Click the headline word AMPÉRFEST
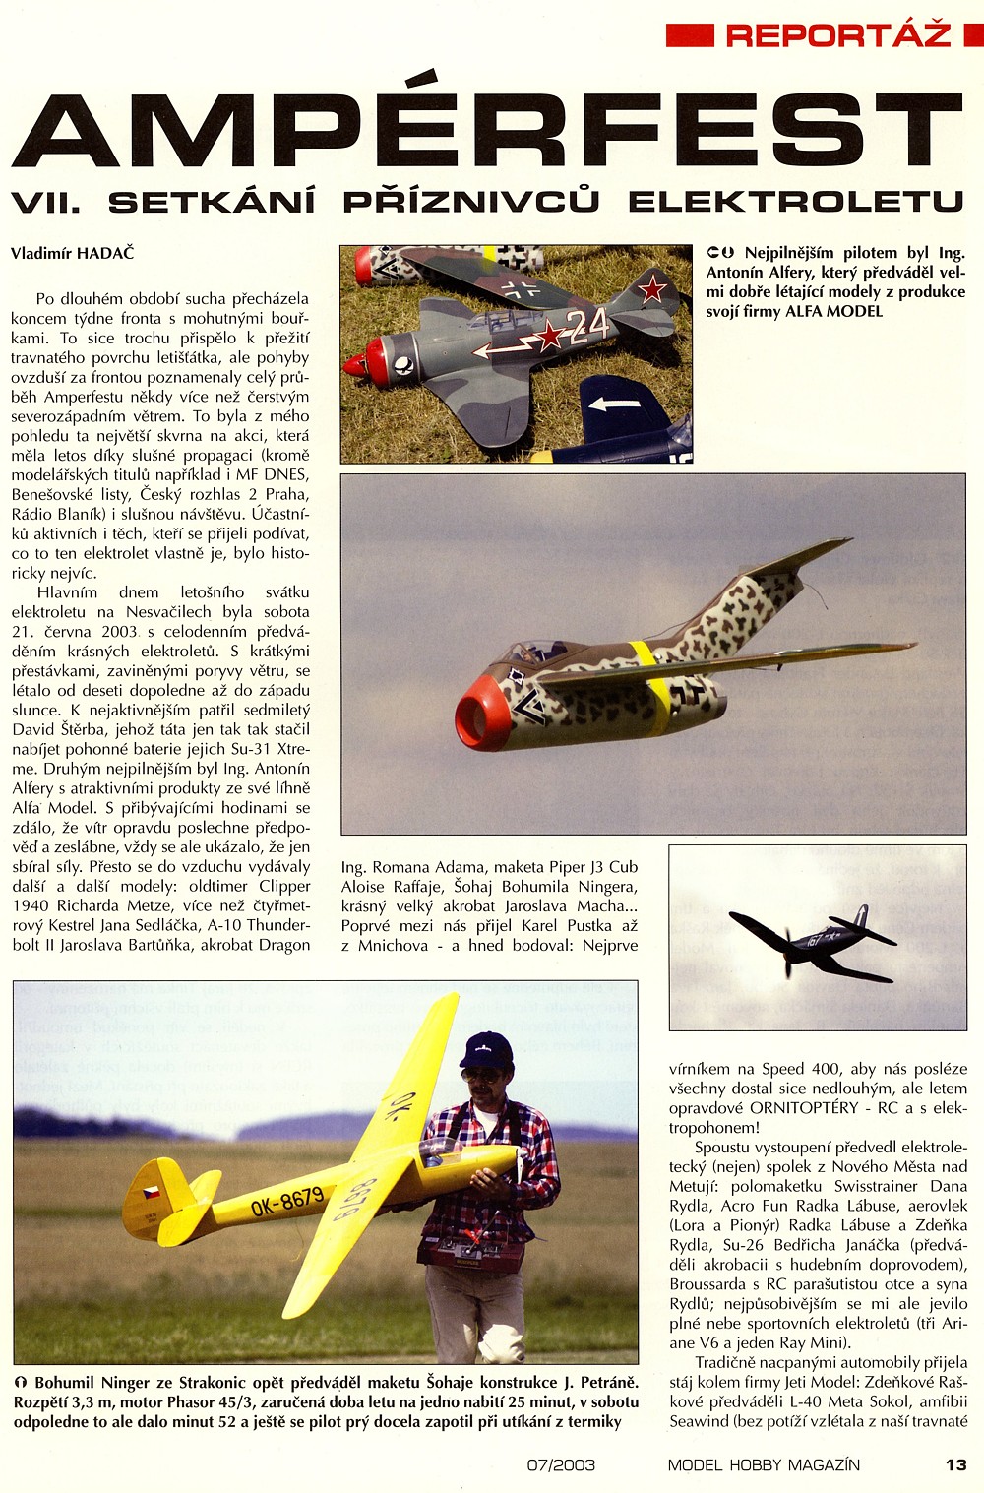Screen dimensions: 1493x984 pos(487,131)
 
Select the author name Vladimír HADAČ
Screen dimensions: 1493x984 pos(73,253)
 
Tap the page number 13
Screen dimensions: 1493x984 pos(956,1464)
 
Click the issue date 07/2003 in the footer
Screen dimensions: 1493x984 pos(561,1464)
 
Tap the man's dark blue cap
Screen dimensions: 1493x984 pos(486,1050)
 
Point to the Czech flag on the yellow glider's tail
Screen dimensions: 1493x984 pos(152,1193)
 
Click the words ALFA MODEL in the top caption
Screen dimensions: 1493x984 pos(834,312)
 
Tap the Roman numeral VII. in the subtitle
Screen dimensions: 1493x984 pos(45,202)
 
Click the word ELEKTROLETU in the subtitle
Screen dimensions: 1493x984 pos(795,202)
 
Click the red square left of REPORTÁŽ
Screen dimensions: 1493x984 pos(690,35)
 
